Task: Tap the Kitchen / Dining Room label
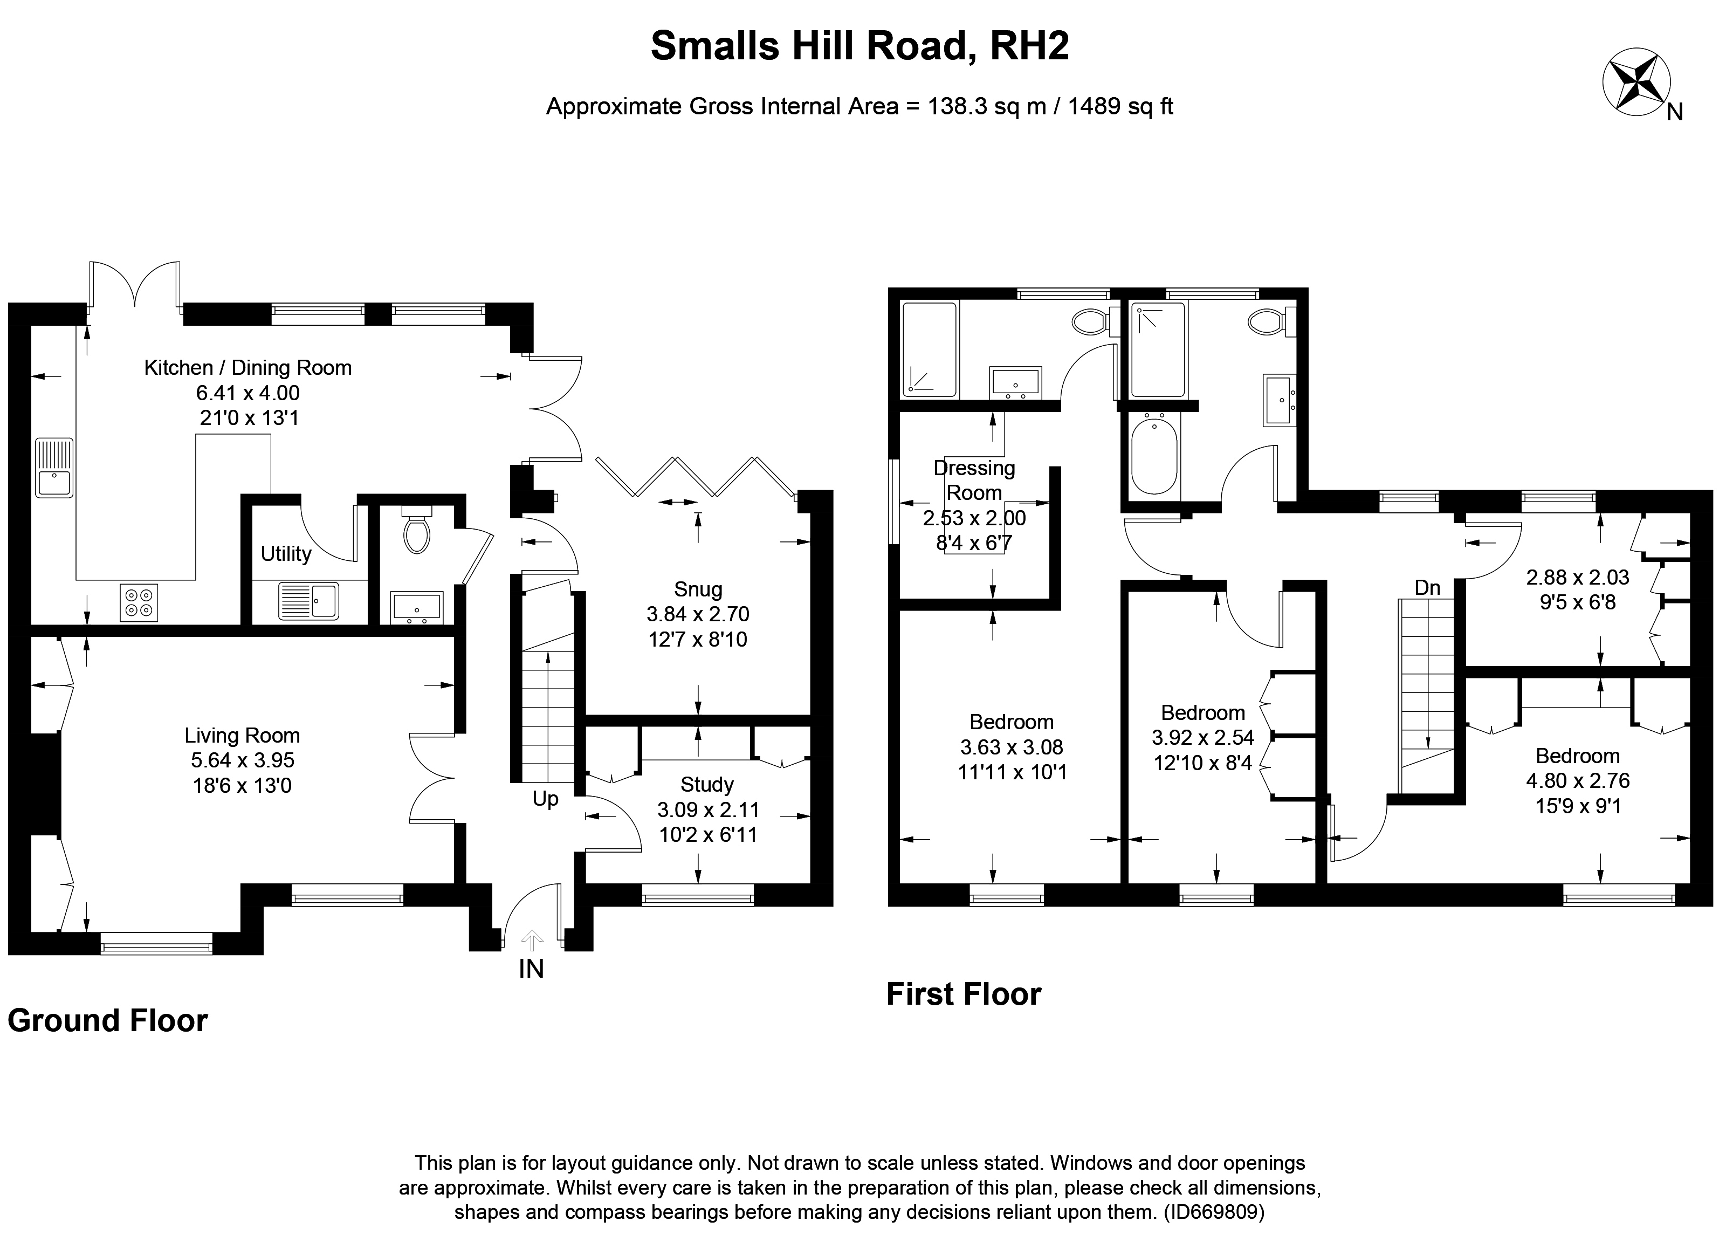248,368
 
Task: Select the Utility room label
286,553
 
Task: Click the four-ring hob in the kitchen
139,602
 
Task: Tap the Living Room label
242,735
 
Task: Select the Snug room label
698,589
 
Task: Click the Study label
707,785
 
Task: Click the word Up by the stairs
546,799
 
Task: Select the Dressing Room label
975,480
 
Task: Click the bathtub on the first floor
1154,454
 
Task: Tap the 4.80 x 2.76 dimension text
1578,781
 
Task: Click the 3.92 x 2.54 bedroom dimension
1203,737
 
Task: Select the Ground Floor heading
107,1020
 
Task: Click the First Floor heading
964,994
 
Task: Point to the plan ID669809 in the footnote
1215,1212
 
